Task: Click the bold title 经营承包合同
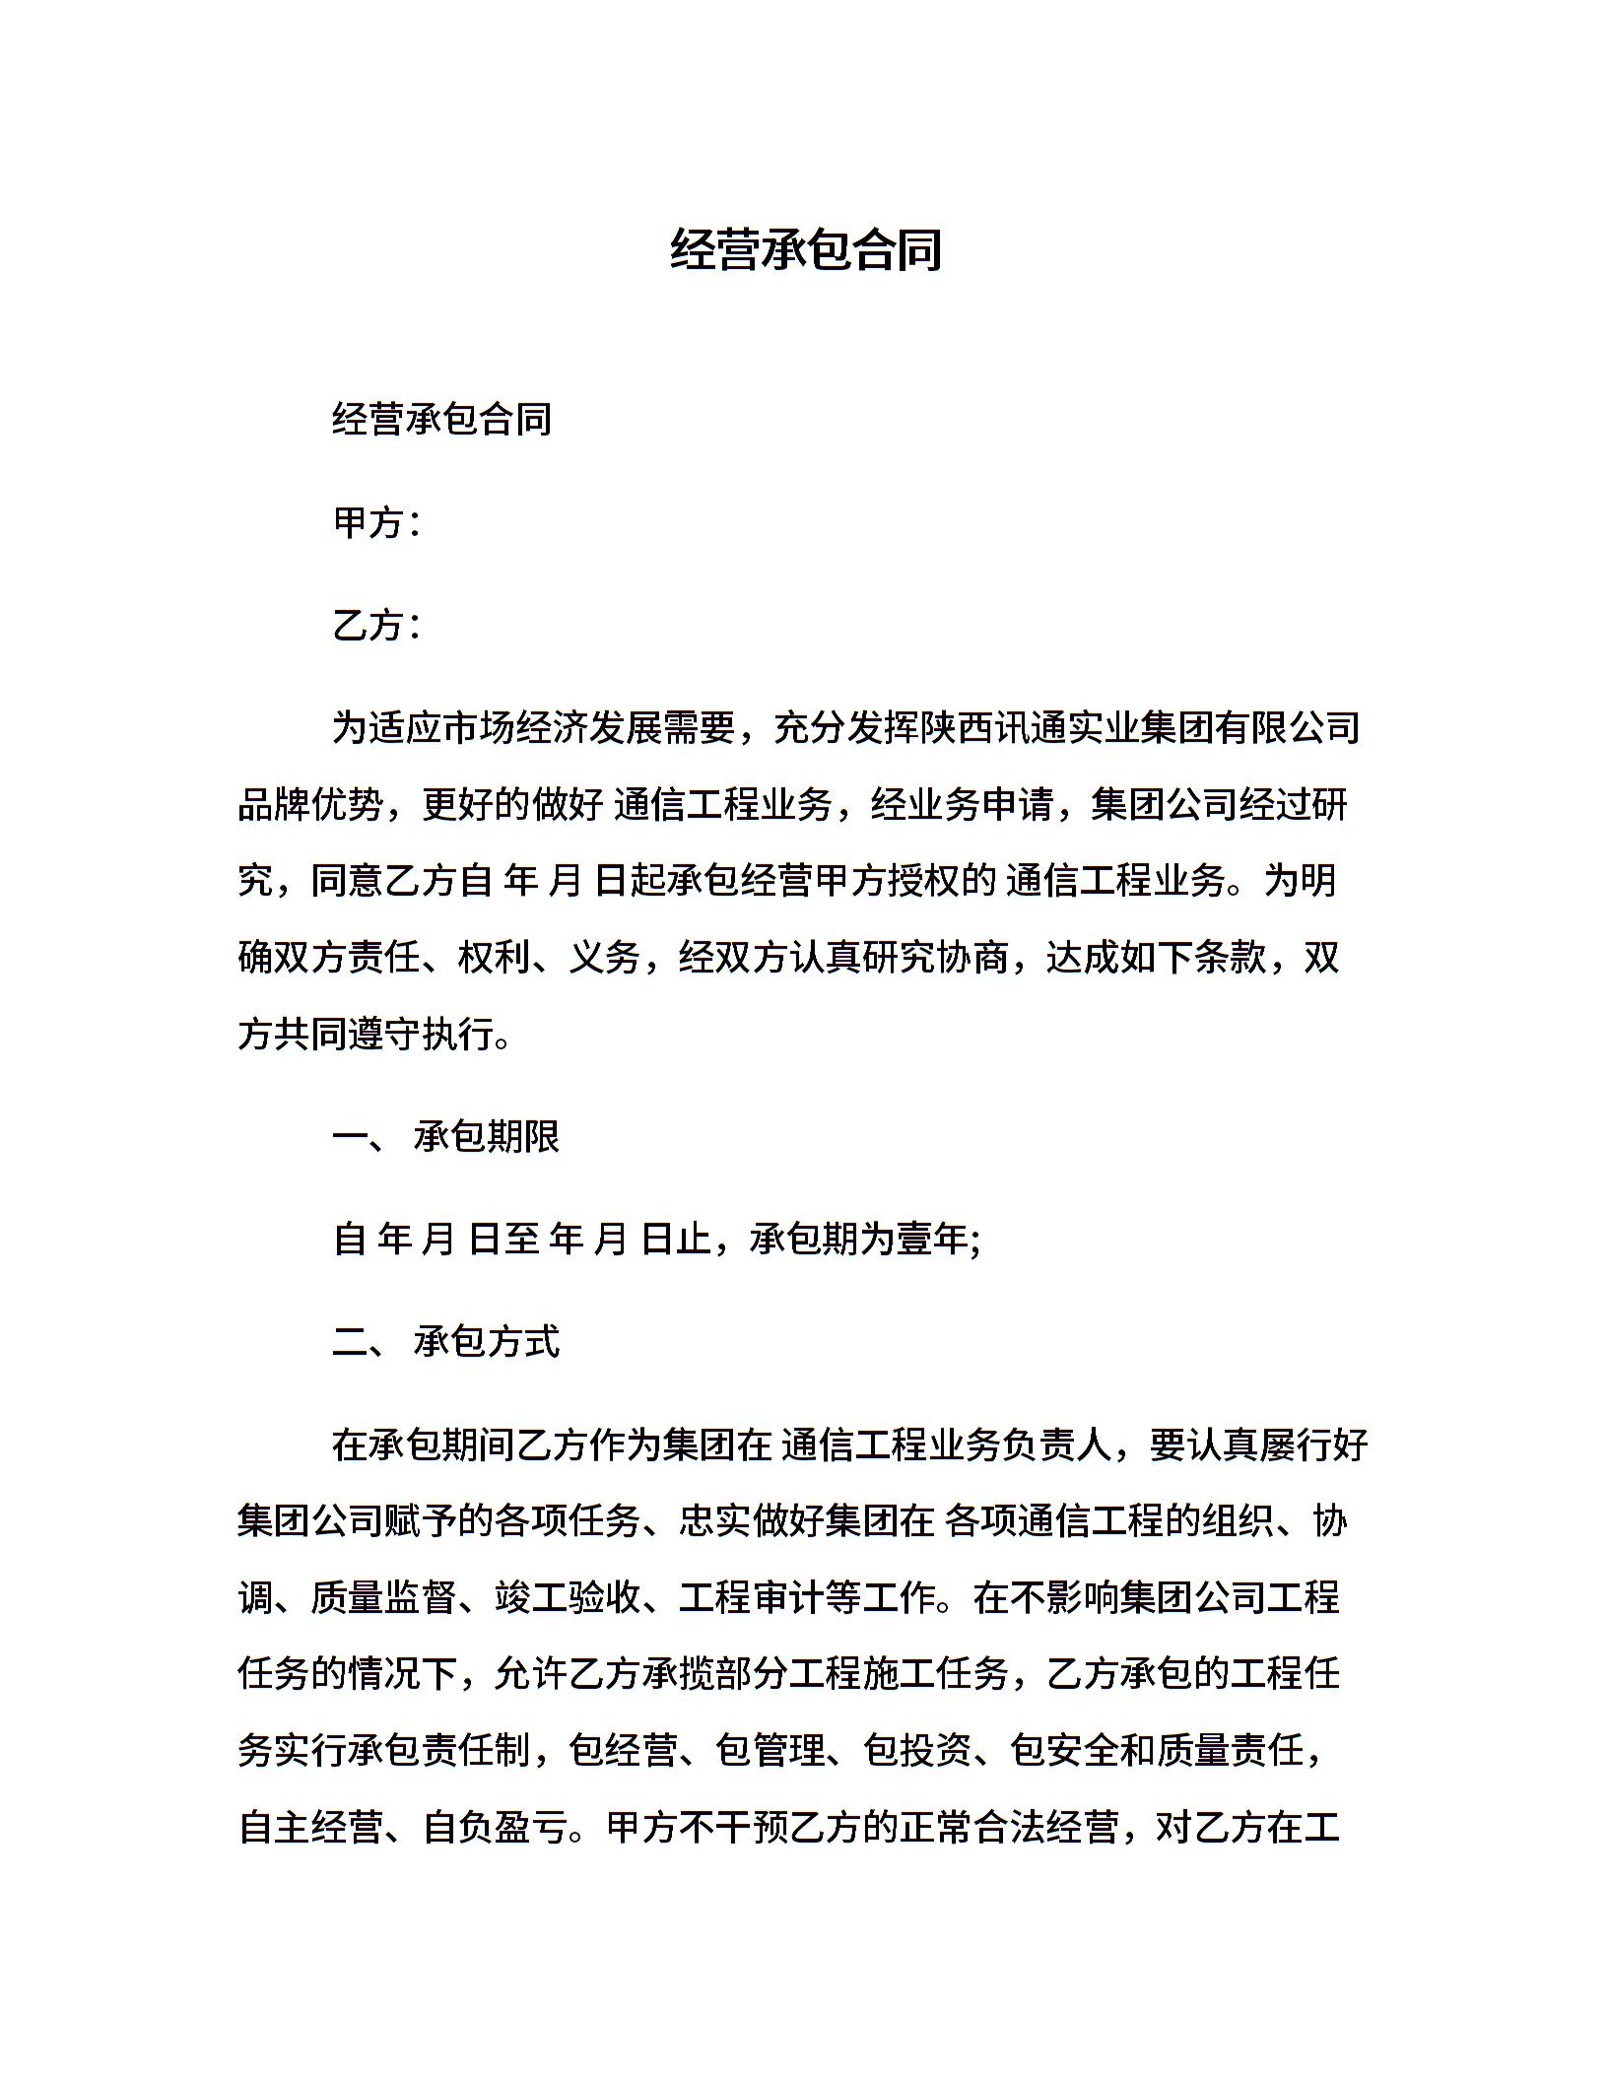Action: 805,250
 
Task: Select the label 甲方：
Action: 377,523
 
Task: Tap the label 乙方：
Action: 377,626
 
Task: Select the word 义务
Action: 605,958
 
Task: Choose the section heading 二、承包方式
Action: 446,1342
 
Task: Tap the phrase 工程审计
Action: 752,1598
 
